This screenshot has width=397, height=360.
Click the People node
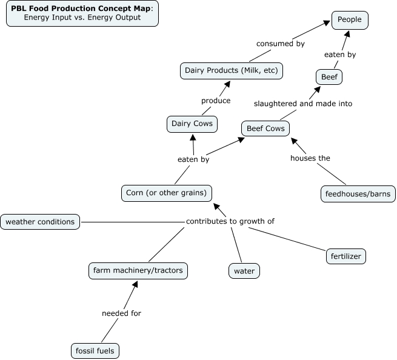350,20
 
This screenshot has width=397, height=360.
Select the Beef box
330,77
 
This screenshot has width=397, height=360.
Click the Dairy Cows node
192,124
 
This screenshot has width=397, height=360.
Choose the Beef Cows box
265,128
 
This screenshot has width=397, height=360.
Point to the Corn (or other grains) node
167,193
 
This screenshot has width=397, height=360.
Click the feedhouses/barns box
358,194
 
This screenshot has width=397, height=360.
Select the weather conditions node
40,222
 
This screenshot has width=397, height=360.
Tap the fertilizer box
346,256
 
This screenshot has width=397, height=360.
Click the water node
244,271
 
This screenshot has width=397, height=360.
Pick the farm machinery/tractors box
138,270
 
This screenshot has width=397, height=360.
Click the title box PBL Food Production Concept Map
82,13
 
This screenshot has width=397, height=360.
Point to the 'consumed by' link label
280,44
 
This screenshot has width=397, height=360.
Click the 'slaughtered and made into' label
303,104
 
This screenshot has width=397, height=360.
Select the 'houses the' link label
310,158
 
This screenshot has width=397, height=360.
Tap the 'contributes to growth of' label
230,221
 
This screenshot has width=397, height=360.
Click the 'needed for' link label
121,313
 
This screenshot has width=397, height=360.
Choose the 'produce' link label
216,101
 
